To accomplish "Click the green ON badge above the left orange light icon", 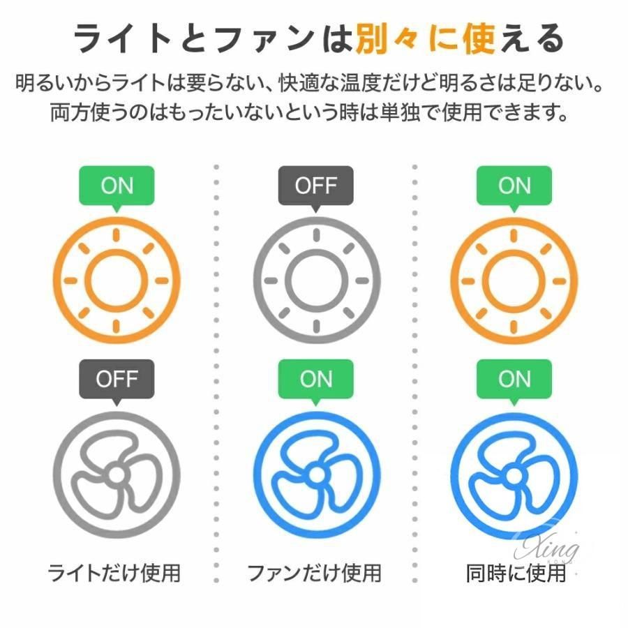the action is (x=117, y=186).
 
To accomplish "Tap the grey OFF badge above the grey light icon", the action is (x=315, y=186).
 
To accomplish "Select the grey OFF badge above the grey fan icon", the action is (x=117, y=379).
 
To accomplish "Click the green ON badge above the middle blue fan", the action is (x=315, y=379).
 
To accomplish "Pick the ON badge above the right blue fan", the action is (x=514, y=379).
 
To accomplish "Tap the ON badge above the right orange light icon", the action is (x=514, y=186).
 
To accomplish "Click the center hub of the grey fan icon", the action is (x=117, y=475).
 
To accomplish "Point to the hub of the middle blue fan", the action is (x=316, y=475).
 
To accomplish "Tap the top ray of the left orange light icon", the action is (x=117, y=234).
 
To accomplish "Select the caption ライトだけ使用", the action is (x=114, y=573).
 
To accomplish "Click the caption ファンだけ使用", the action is (x=315, y=573).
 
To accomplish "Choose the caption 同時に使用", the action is (x=516, y=573).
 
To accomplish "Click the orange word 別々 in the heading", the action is (x=386, y=39).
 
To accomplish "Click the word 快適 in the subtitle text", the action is (x=299, y=83).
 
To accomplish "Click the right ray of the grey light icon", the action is (x=362, y=281).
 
